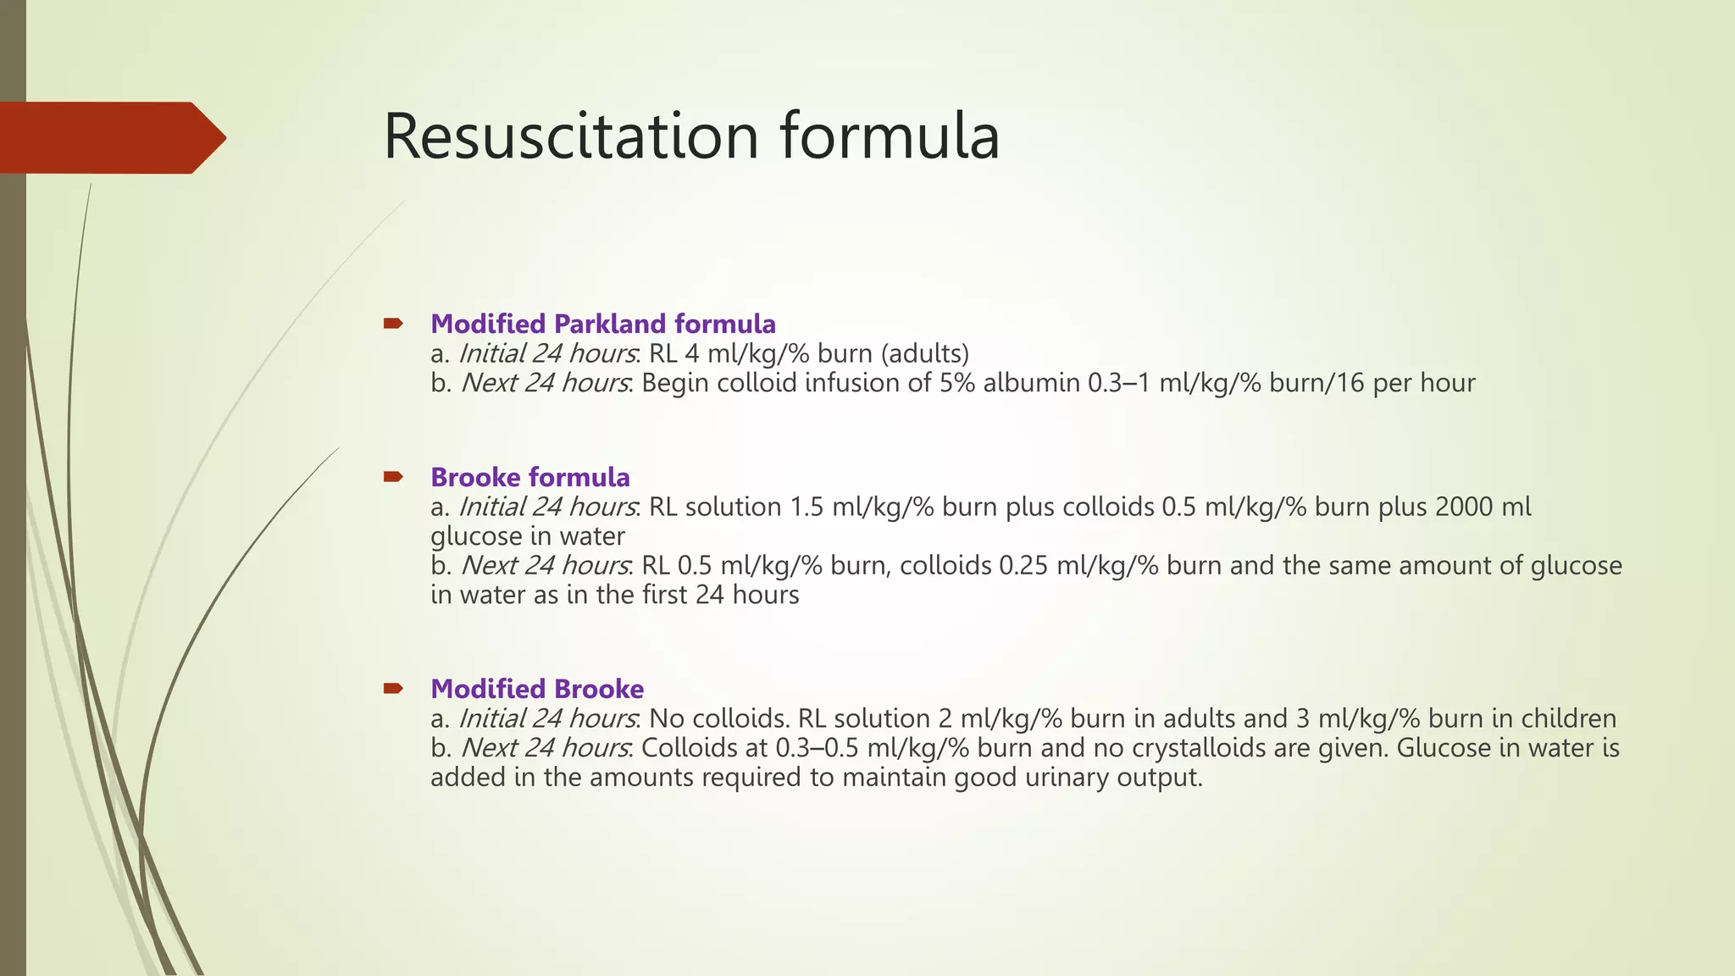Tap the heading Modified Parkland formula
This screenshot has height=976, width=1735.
(602, 324)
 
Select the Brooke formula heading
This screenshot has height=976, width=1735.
(529, 477)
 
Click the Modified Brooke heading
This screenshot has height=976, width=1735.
(536, 689)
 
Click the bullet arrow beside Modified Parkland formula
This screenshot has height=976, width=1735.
(393, 323)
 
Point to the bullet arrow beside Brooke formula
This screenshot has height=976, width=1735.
(393, 476)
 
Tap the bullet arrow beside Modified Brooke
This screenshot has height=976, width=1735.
(393, 688)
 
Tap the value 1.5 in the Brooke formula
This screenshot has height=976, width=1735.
(807, 507)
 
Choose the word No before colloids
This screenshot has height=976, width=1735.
(666, 718)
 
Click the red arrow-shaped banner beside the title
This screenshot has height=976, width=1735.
(110, 137)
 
